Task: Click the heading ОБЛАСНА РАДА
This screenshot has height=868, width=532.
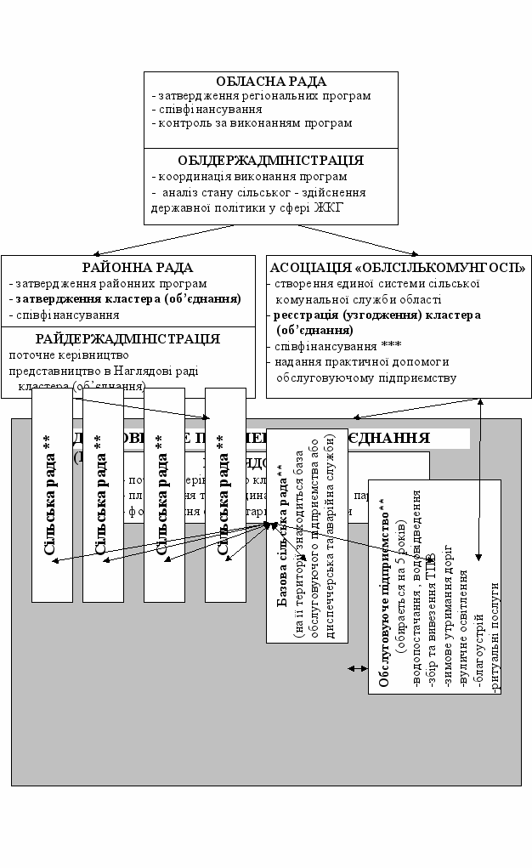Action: [x=270, y=82]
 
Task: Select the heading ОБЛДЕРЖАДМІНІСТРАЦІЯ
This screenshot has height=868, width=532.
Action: [x=270, y=160]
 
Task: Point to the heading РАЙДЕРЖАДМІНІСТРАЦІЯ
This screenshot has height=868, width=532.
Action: [x=127, y=338]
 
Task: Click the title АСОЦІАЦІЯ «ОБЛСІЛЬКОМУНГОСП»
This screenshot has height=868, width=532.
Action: [x=397, y=268]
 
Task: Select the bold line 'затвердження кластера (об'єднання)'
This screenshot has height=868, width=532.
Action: [x=127, y=299]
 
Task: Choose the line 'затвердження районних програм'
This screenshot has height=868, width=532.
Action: [x=110, y=284]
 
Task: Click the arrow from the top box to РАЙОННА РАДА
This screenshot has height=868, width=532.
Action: [x=153, y=240]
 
